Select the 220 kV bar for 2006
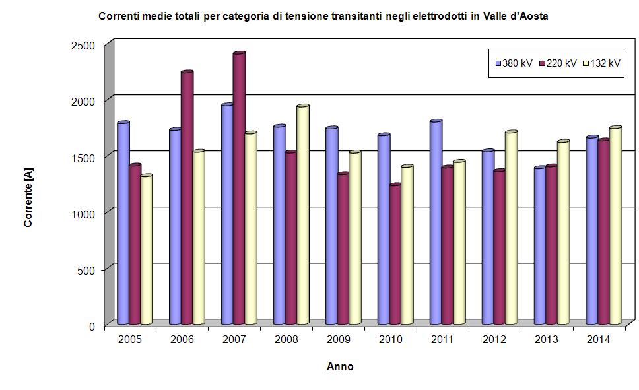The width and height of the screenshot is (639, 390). [187, 197]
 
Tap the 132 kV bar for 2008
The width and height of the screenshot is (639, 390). [303, 214]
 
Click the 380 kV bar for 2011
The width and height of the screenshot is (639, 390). [436, 222]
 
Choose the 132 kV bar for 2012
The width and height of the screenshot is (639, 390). [511, 228]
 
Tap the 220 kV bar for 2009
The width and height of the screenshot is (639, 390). [343, 248]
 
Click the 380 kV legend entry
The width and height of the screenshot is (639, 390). [514, 63]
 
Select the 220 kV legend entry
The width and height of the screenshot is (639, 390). [558, 63]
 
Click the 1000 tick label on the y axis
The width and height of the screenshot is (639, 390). [88, 214]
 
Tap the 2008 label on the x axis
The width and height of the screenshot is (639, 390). [286, 339]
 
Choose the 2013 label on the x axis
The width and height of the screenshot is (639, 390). [546, 339]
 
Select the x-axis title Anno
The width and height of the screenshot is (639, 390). [340, 367]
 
